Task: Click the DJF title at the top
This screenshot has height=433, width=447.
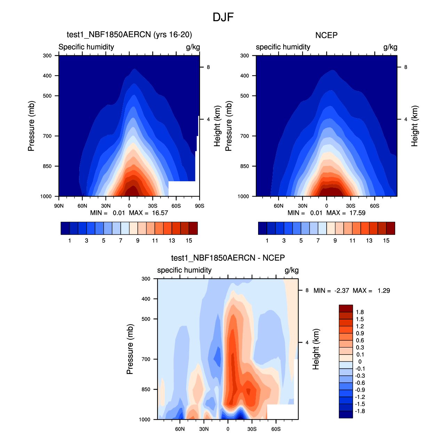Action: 223,17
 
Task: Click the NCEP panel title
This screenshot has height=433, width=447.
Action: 326,35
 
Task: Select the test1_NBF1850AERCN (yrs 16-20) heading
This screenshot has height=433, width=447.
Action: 129,34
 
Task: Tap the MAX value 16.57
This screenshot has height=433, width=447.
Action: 160,213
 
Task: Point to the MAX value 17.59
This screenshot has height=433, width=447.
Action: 357,213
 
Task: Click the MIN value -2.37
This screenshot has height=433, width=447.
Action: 342,291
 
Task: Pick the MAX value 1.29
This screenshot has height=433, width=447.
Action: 384,291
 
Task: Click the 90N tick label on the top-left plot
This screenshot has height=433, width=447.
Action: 59,206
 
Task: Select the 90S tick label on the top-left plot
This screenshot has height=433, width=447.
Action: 199,206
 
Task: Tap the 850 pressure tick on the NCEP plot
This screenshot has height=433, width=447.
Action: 245,166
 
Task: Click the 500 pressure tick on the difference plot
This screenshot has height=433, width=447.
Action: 146,319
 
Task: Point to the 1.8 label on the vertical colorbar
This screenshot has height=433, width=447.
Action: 360,312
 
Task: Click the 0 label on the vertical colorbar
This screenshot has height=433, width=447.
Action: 360,361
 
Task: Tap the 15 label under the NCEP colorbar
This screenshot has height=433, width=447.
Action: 386,241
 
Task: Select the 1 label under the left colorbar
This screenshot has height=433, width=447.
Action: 70,241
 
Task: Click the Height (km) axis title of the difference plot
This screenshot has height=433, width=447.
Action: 316,349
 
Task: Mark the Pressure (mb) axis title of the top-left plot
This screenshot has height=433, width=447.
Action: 31,126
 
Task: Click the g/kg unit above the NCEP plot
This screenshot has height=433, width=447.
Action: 390,47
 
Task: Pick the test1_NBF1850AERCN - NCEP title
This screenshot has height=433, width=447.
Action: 228,258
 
